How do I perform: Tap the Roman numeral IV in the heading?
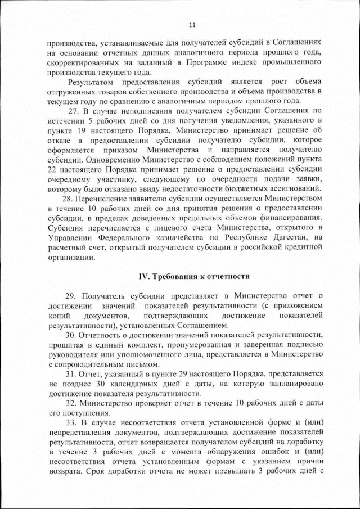coord(143,276)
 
